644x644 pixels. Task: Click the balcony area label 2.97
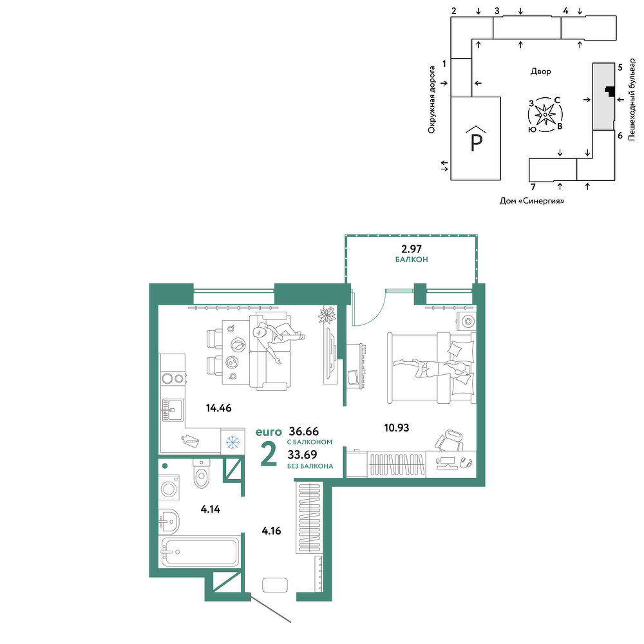411,249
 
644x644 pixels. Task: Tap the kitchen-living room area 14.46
219,408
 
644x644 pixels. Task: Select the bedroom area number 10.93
396,428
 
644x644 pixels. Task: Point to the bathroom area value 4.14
211,509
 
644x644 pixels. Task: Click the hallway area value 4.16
272,531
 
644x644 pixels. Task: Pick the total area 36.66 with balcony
304,431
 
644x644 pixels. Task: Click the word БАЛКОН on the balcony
412,260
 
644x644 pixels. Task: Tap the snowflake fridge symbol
233,442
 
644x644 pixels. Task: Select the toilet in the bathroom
201,473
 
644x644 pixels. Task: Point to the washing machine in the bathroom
169,488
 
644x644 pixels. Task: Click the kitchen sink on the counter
173,410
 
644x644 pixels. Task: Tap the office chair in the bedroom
450,440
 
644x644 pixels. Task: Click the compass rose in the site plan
545,115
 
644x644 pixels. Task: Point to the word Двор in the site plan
540,71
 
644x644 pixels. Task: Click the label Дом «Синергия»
532,201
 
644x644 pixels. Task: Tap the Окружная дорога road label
431,100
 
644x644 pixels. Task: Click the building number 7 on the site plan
533,187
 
